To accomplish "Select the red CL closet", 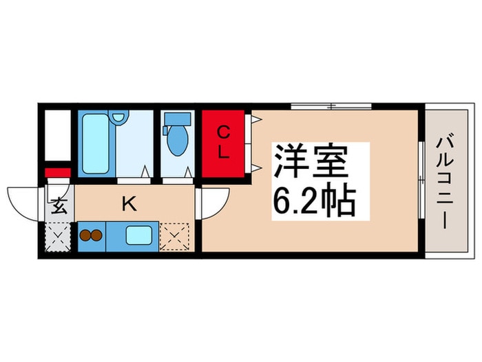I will click(222, 142).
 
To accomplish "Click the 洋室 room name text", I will click(308, 162).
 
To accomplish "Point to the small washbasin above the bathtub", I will click(120, 118).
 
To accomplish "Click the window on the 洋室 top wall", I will click(331, 106).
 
